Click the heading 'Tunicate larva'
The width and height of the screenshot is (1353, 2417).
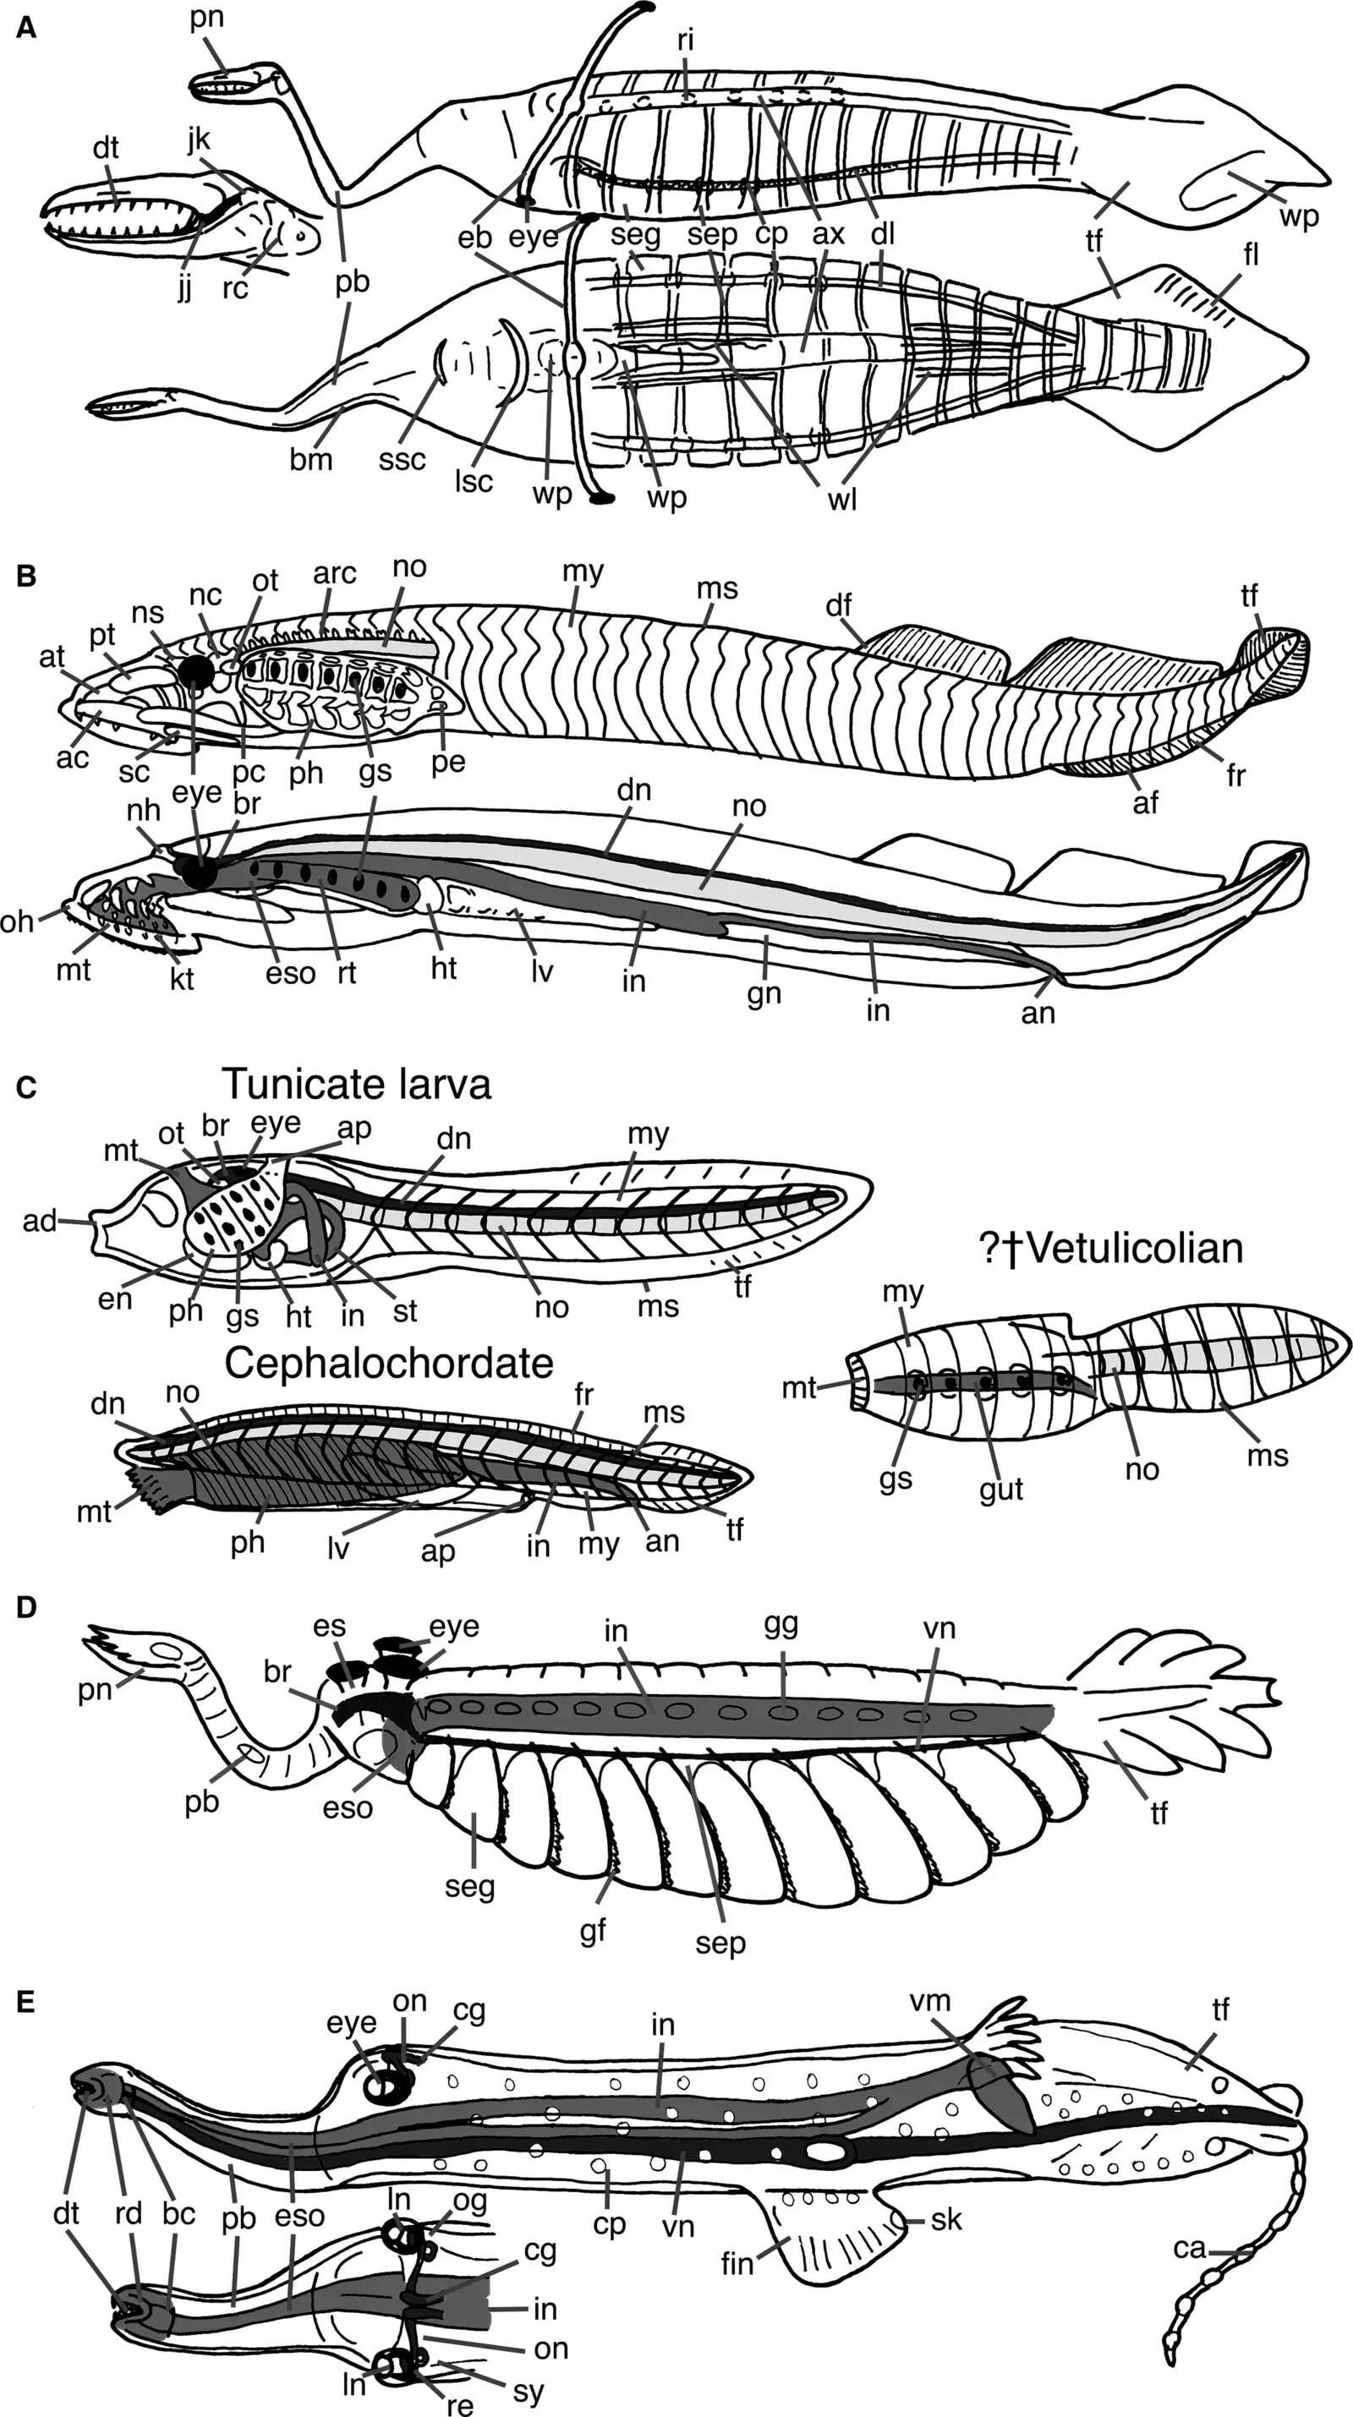(357, 1085)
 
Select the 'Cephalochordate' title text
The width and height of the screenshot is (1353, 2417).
(388, 1364)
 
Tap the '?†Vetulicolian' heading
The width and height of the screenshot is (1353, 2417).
(1111, 1249)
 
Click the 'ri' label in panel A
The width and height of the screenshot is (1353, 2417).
(685, 41)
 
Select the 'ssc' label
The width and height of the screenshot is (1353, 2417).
(403, 460)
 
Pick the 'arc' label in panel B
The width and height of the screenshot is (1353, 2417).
(335, 573)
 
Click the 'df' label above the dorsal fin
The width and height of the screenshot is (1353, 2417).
(839, 605)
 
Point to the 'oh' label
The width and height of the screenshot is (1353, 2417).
(17, 921)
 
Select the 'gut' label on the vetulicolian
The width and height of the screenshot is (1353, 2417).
(1001, 1489)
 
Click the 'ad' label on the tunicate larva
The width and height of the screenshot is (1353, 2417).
(41, 1221)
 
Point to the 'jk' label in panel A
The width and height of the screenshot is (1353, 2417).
(199, 139)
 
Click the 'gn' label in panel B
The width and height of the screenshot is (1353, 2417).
(764, 994)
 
